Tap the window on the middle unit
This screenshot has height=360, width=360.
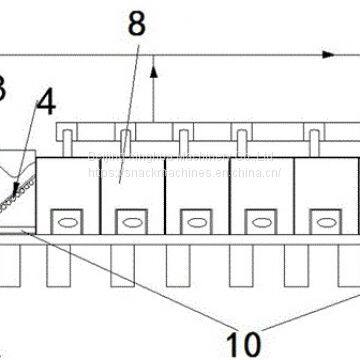194,217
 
